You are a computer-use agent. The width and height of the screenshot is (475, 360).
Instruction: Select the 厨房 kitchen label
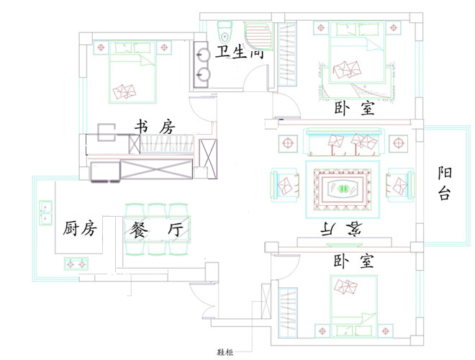(80, 229)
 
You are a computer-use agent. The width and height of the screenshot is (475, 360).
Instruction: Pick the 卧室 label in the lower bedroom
(354, 261)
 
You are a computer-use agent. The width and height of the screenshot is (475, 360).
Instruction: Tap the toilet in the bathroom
(225, 33)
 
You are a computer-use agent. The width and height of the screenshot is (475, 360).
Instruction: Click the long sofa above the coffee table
(341, 143)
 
